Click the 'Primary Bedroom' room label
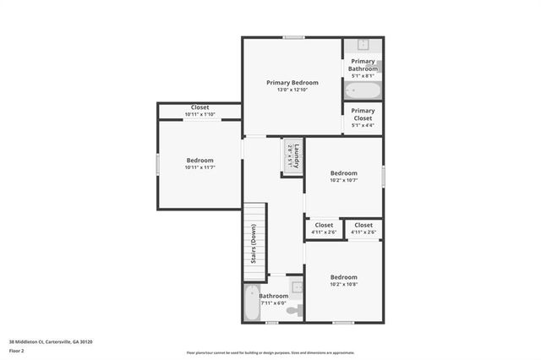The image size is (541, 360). click(292, 83)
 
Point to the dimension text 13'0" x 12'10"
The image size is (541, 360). click(292, 90)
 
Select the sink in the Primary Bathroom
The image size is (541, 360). click(363, 46)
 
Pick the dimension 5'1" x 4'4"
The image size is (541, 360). click(363, 126)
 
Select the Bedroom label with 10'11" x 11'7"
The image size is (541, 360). click(199, 160)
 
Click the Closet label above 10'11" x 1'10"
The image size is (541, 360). click(199, 107)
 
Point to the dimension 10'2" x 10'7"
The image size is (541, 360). click(343, 180)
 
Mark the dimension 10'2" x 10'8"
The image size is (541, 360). click(343, 285)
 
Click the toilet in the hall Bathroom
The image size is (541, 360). click(292, 311)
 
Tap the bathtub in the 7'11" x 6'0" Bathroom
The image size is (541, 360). click(251, 303)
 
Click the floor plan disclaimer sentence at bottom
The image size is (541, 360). click(270, 352)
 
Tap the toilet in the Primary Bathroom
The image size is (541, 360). click(377, 67)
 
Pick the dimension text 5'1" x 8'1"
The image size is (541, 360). click(363, 76)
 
